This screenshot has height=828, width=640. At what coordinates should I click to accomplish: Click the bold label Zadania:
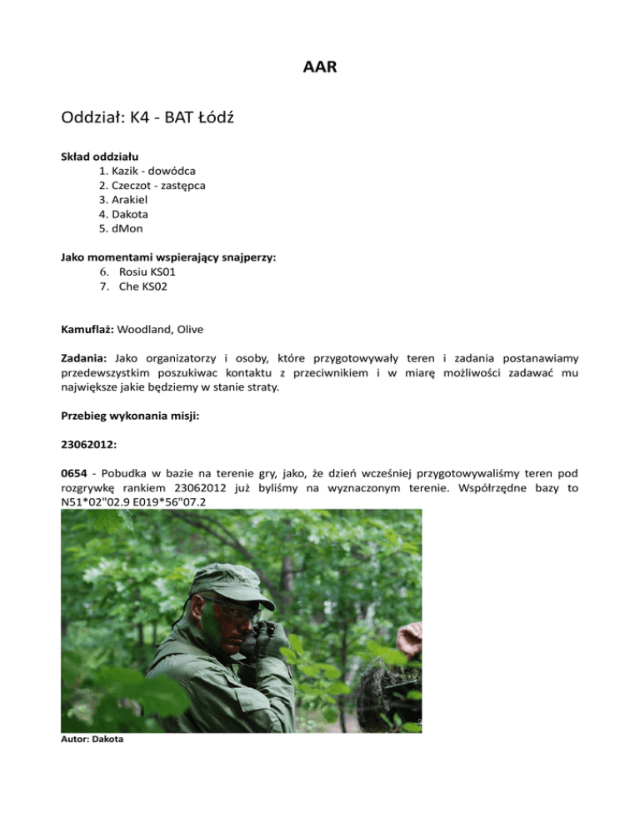point(86,356)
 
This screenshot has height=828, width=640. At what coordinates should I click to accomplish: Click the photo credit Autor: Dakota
point(92,738)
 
